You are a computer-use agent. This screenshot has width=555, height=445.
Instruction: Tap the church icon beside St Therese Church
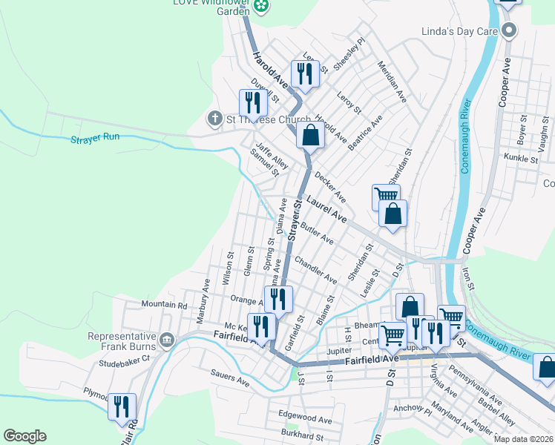pyautogui.click(x=215, y=118)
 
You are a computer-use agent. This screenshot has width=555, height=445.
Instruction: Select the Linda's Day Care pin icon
pyautogui.click(x=509, y=30)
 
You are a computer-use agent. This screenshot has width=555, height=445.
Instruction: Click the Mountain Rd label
pyautogui.click(x=164, y=305)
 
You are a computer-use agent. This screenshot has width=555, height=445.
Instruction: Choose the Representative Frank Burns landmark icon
pyautogui.click(x=166, y=340)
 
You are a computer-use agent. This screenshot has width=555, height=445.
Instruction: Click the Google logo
pyautogui.click(x=24, y=436)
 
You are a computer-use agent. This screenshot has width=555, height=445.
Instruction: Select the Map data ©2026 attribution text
pyautogui.click(x=523, y=439)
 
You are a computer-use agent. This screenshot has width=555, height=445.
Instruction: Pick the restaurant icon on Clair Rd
pyautogui.click(x=122, y=406)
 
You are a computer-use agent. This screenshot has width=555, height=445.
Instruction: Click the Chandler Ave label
pyautogui.click(x=315, y=270)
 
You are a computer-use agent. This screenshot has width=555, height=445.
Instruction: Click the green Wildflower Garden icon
pyautogui.click(x=261, y=7)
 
